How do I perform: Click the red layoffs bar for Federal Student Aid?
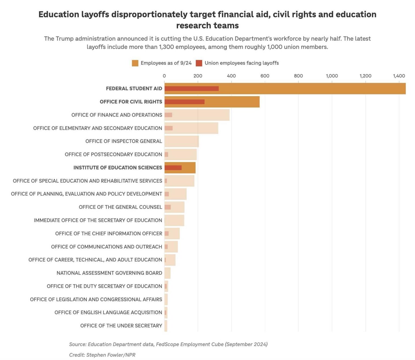tap(191, 89)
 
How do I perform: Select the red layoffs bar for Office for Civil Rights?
tap(184, 102)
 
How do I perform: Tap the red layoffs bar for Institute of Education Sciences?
tap(173, 168)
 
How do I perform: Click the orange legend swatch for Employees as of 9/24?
tap(135, 63)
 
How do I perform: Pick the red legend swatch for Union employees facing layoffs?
tap(199, 63)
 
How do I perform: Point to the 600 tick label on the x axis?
tap(265, 76)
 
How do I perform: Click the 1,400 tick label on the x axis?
tap(399, 76)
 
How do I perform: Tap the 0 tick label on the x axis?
tap(164, 76)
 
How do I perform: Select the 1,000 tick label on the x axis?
tap(332, 76)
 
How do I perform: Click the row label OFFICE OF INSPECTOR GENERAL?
tap(123, 141)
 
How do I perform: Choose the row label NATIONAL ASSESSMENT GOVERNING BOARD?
tap(109, 273)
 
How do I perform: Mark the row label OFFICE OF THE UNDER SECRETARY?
tap(121, 326)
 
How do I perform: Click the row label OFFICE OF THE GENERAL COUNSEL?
tap(120, 207)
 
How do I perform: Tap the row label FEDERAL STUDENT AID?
tap(134, 89)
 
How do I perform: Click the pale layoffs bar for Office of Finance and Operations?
tap(168, 115)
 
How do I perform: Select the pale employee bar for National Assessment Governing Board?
tap(168, 273)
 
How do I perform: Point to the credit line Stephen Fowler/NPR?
tap(102, 355)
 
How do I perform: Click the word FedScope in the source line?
tap(167, 344)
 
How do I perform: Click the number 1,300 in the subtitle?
tap(166, 47)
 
